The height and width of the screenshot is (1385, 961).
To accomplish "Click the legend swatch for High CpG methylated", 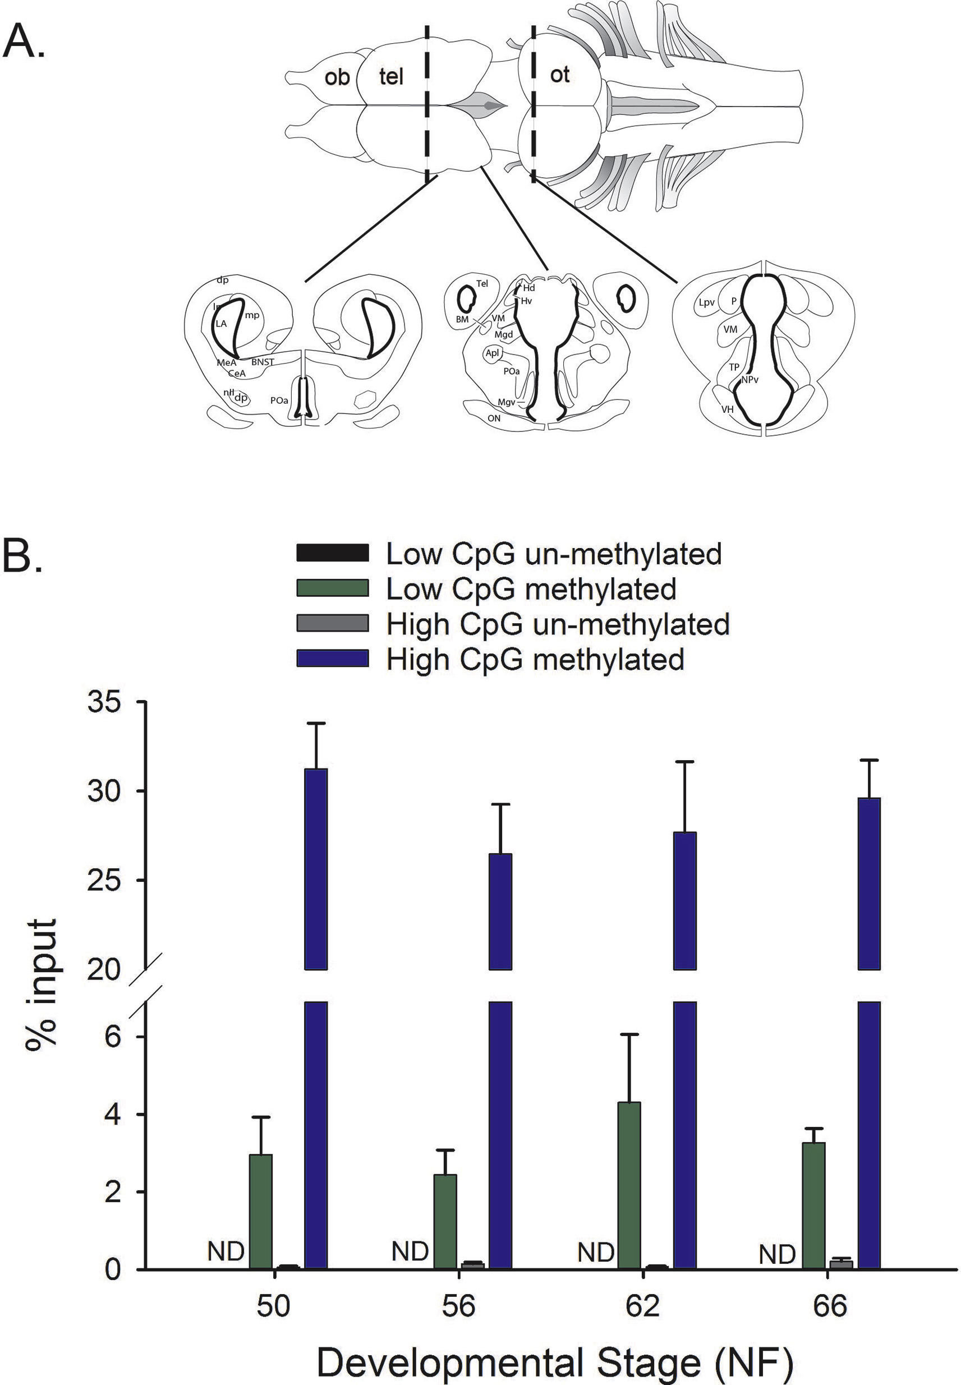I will point(332,659).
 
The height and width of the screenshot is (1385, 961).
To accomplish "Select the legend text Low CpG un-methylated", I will point(553,554).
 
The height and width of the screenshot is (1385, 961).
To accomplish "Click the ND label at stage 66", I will point(777,1255).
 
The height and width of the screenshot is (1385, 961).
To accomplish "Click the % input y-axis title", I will point(41,984).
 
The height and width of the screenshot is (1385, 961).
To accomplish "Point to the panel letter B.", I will point(23,557).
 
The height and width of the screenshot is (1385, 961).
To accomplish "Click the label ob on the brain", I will point(337,77).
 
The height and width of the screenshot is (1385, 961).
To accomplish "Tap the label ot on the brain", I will point(559,75).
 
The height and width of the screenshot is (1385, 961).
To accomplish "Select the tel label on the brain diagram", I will point(391,76).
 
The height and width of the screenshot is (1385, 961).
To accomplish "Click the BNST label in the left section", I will point(263,362).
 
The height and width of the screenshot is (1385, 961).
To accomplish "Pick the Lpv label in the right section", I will point(706,303).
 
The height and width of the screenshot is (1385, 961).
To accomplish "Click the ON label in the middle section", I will point(494,418).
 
